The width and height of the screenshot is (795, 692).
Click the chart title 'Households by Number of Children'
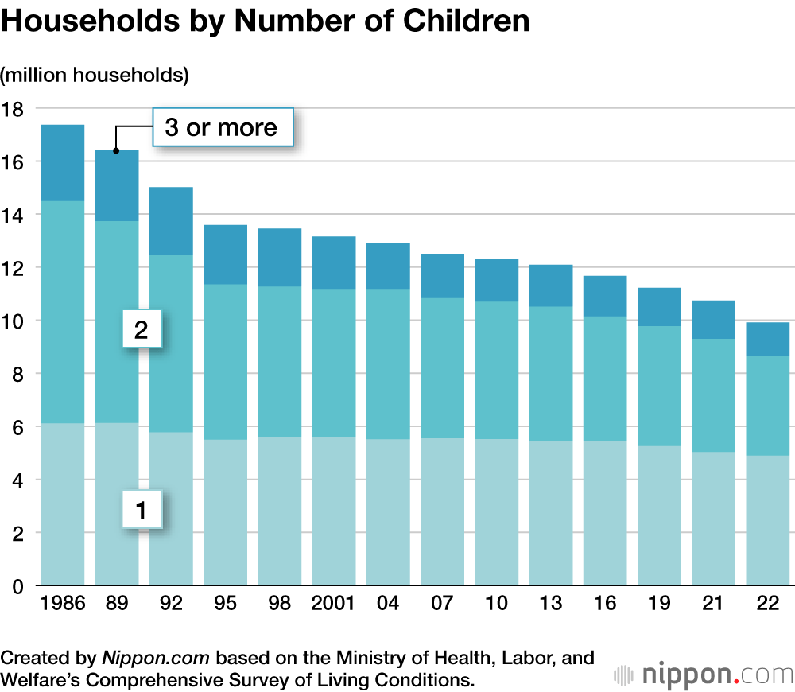click(266, 21)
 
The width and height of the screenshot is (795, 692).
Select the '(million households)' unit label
click(95, 76)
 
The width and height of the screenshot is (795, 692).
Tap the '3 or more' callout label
click(222, 127)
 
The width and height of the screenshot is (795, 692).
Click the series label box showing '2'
click(142, 329)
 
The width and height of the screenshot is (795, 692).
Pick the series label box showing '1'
click(142, 510)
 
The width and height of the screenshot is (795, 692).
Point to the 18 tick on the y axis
click(14, 109)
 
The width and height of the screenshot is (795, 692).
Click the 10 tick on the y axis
click(14, 321)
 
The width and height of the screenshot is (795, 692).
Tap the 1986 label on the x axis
click(63, 605)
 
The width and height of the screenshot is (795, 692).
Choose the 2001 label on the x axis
click(333, 605)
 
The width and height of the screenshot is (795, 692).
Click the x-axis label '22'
click(767, 605)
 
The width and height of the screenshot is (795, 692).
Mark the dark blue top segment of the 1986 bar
click(63, 163)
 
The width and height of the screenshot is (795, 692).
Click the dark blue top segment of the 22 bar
click(767, 339)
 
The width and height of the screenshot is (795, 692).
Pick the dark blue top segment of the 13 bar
click(550, 286)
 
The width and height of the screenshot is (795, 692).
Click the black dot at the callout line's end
click(116, 150)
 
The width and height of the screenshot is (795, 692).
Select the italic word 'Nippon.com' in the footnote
click(156, 659)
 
